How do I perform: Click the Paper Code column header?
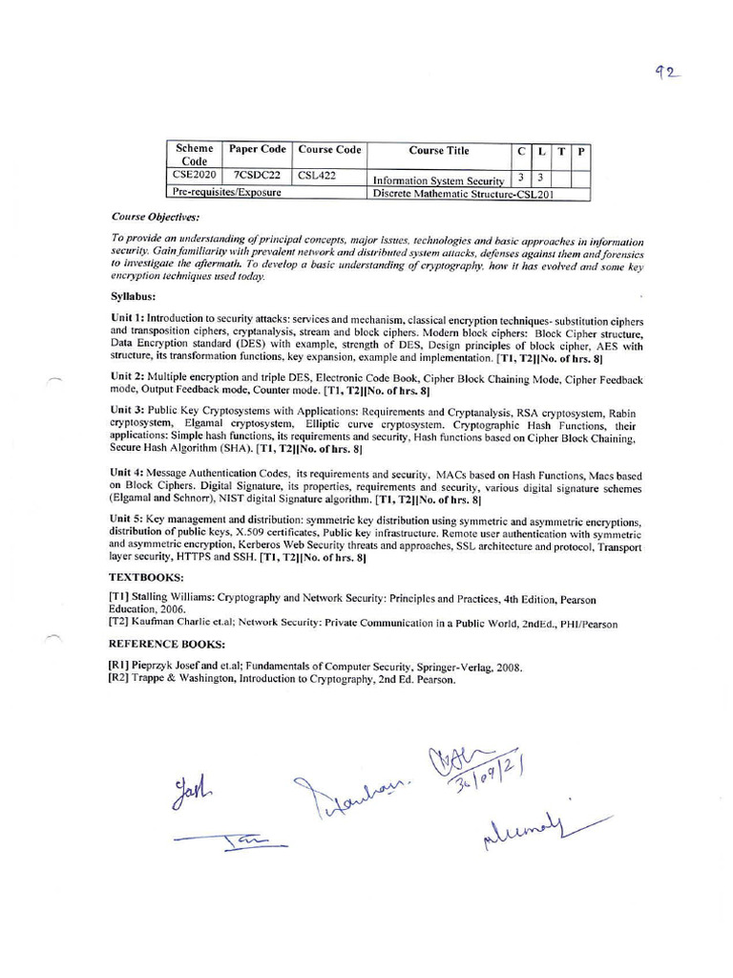pyautogui.click(x=258, y=150)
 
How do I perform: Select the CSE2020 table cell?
pyautogui.click(x=194, y=176)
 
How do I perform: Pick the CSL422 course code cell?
pyautogui.click(x=316, y=176)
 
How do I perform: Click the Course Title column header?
pyautogui.click(x=439, y=150)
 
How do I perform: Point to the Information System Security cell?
pyautogui.click(x=438, y=180)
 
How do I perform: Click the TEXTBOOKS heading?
pyautogui.click(x=146, y=578)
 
